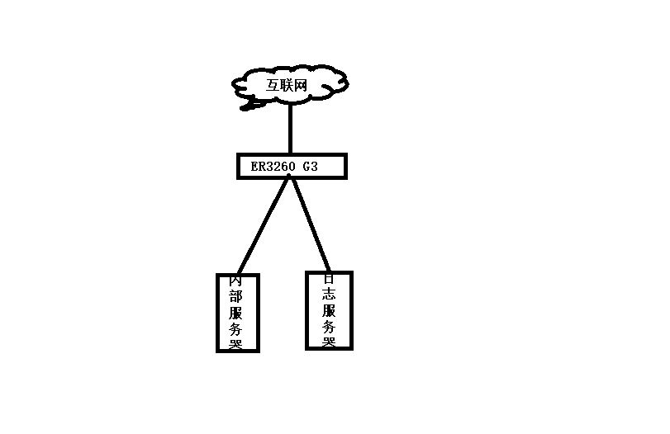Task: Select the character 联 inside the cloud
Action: point(290,84)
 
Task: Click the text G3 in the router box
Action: point(311,167)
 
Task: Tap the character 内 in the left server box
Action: point(236,281)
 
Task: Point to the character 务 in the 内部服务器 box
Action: point(236,329)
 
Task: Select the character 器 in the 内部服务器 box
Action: point(236,344)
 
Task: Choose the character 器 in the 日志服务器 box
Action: point(329,342)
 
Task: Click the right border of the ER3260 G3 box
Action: point(345,166)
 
